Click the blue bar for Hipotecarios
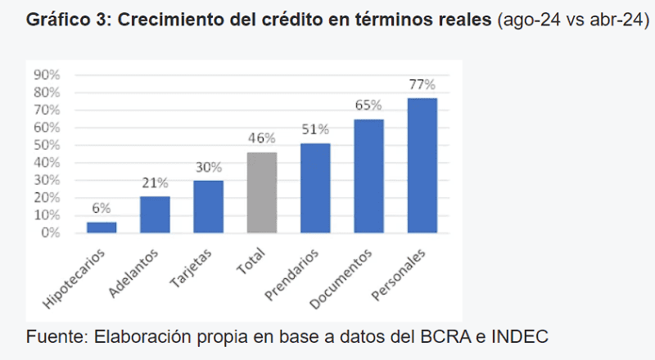[x=102, y=227]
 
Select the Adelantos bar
[x=155, y=214]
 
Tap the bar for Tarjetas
[x=209, y=206]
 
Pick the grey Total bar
[x=262, y=192]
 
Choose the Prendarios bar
[x=315, y=188]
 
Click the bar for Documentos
[x=368, y=176]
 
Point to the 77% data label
[x=422, y=85]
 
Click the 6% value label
[x=102, y=209]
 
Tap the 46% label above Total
[x=262, y=138]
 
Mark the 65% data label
[x=368, y=106]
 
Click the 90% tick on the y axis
[x=47, y=74]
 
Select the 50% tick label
[x=47, y=145]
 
